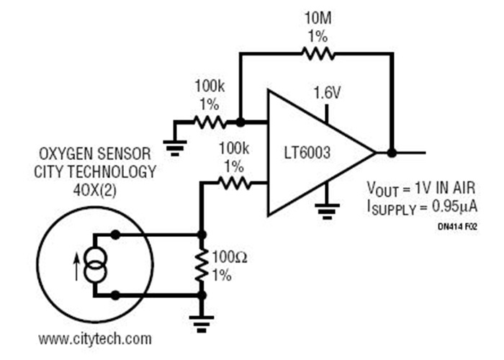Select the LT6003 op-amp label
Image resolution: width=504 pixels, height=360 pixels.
coord(312,153)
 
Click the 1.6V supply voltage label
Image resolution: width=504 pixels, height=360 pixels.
coord(327,93)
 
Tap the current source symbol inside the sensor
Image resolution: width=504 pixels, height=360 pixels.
coord(95,264)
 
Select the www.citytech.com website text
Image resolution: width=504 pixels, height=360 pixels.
coord(95,338)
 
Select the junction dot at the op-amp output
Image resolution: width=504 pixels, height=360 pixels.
coord(391,153)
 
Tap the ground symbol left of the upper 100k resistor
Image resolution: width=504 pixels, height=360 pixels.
coord(174,148)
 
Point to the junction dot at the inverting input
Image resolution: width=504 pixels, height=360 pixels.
coord(240,122)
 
